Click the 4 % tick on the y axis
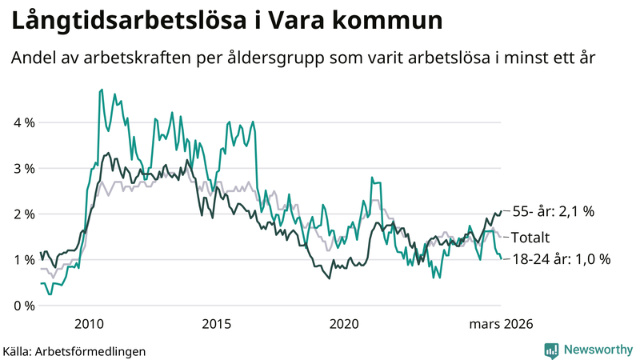click(22, 122)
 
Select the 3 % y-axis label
click(22, 168)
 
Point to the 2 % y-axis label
click(22, 214)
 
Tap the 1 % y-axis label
click(22, 259)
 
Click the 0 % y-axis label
click(22, 306)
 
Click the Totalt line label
click(536, 237)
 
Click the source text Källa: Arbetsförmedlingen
click(74, 350)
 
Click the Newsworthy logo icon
click(551, 350)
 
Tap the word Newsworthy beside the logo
click(598, 350)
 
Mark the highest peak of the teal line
click(101, 90)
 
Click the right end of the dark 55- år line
click(501, 211)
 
